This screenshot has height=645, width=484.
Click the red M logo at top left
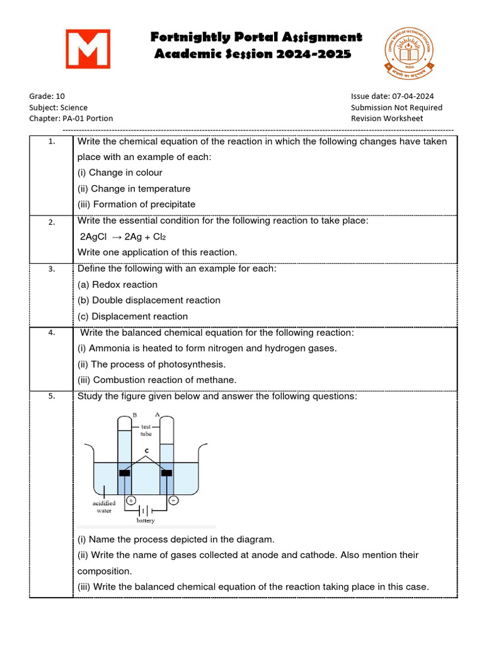coord(88,49)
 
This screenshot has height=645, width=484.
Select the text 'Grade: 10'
coord(47,96)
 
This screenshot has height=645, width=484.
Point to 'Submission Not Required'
coord(396,107)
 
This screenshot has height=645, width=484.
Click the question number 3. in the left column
coord(52,269)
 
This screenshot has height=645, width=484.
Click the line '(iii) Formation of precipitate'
coord(136,204)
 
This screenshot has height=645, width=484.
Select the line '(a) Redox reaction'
coord(117,285)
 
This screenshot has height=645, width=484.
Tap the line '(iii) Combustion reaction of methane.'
coord(157,380)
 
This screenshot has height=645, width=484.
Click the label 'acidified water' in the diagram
coord(104,507)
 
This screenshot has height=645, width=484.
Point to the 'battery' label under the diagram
coord(146,521)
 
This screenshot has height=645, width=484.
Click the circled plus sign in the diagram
coord(132,500)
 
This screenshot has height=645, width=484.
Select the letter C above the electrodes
coord(146,451)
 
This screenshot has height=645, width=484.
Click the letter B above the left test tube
coord(135,415)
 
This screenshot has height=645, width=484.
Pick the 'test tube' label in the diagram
coord(146,430)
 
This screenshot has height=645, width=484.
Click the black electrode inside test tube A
coord(167,473)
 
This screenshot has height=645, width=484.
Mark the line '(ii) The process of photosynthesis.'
coord(151,364)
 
